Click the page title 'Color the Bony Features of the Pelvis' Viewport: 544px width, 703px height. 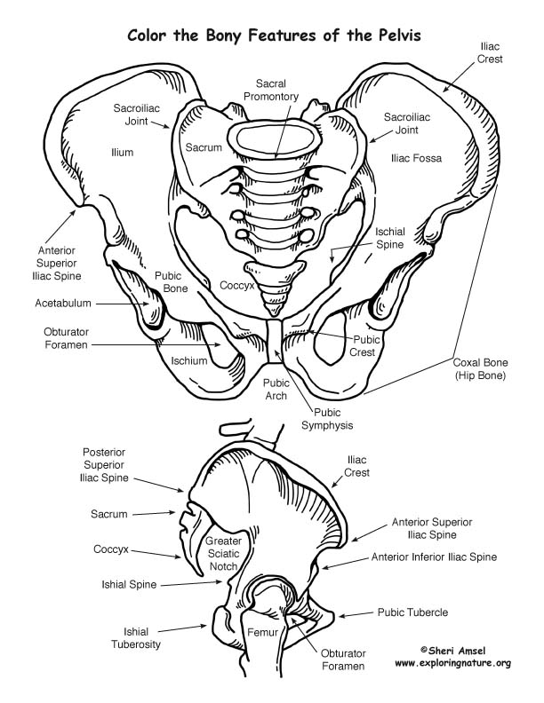point(272,36)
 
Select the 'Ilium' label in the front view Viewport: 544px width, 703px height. point(123,153)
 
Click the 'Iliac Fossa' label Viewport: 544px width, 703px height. point(416,158)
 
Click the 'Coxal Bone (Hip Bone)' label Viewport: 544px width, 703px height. point(479,369)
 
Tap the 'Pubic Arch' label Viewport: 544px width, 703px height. point(276,389)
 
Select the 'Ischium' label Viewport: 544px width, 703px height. point(189,361)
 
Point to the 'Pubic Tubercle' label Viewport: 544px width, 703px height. point(412,612)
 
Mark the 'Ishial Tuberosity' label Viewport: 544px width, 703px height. point(136,637)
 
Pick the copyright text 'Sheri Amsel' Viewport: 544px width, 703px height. point(456,651)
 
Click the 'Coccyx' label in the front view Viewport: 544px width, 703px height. point(238,287)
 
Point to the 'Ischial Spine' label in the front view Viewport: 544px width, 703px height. point(389,238)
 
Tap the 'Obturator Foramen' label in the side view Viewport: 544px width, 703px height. point(338,659)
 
